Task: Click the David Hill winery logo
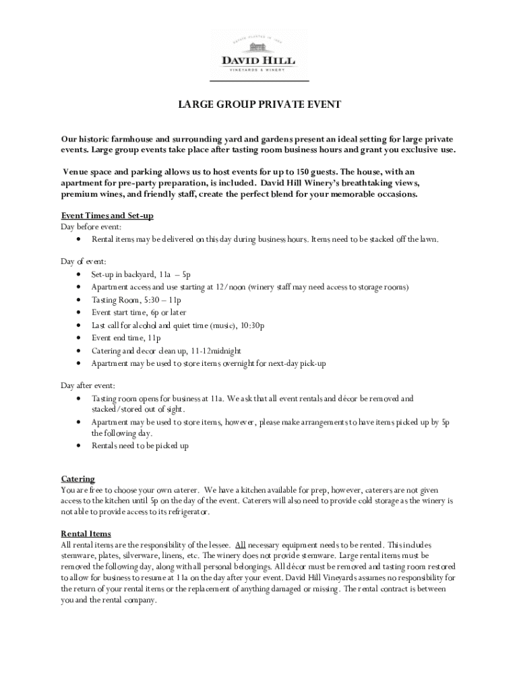click(x=259, y=51)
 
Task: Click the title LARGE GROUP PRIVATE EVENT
click(x=259, y=104)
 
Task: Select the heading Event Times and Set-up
click(x=107, y=216)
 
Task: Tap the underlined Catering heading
click(x=78, y=478)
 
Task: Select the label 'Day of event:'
click(x=84, y=261)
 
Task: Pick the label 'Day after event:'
click(x=88, y=385)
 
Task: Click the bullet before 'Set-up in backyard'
click(x=80, y=275)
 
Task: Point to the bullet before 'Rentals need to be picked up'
click(x=80, y=446)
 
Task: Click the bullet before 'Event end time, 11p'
click(x=80, y=338)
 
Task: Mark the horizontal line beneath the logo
click(x=259, y=81)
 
